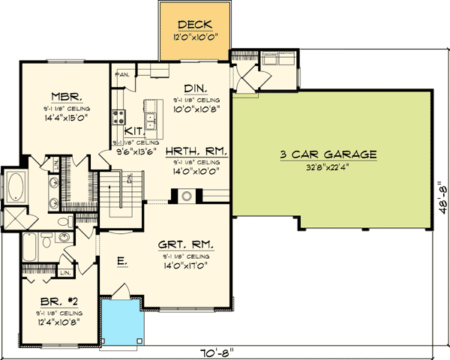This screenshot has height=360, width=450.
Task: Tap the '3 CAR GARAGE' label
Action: click(x=328, y=154)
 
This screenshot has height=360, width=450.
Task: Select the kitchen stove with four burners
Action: click(x=118, y=116)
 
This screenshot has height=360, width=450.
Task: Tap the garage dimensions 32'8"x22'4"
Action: click(x=328, y=167)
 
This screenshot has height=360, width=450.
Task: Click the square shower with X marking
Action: click(x=14, y=220)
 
